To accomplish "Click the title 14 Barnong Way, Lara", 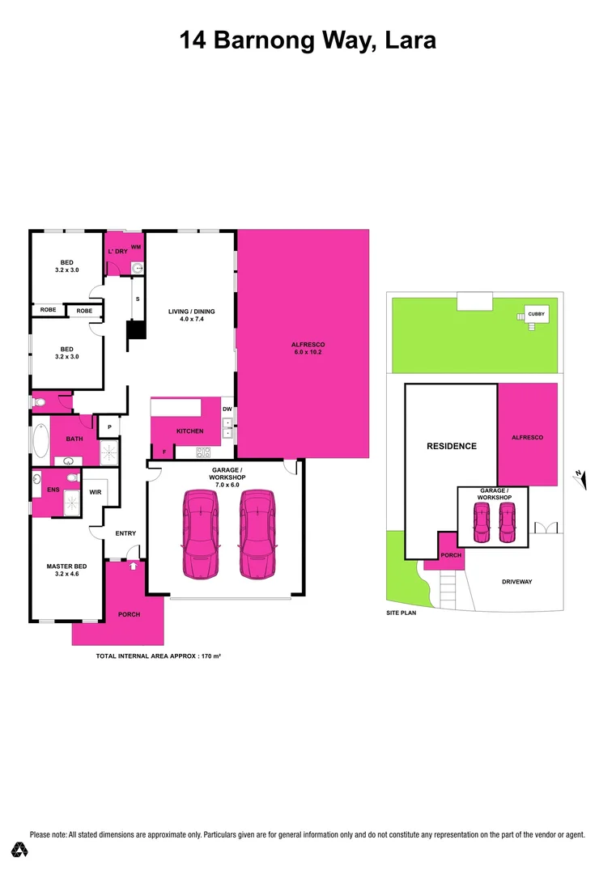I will pyautogui.click(x=308, y=40).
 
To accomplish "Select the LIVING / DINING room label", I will pyautogui.click(x=187, y=314).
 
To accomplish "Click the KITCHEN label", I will pyautogui.click(x=190, y=431).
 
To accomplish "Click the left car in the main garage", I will pyautogui.click(x=200, y=535).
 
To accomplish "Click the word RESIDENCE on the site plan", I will pyautogui.click(x=452, y=446).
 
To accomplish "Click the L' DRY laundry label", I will pyautogui.click(x=118, y=251).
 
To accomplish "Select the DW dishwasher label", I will pyautogui.click(x=227, y=409).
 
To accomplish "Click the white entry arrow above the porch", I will pyautogui.click(x=134, y=566).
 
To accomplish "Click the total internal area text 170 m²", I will pyautogui.click(x=159, y=656).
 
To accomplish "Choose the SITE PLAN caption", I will pyautogui.click(x=401, y=614).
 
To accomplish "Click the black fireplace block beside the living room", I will pyautogui.click(x=136, y=330).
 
